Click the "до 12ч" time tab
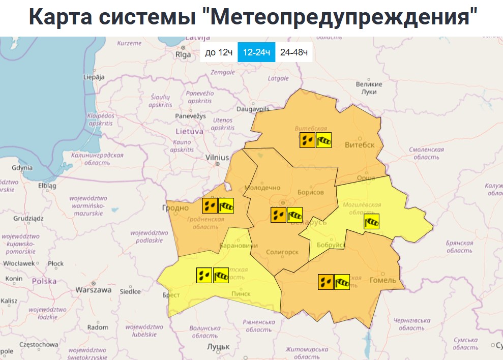(219, 52)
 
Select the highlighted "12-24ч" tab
(256, 52)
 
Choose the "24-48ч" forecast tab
(294, 52)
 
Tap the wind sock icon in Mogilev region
(371, 222)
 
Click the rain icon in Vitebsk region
(307, 140)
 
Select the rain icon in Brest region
(204, 275)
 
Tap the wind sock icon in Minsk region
(294, 215)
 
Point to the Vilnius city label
(217, 158)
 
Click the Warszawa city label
(93, 290)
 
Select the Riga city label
(183, 54)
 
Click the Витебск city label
(359, 145)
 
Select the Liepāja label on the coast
(93, 77)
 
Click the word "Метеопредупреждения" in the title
(344, 17)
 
